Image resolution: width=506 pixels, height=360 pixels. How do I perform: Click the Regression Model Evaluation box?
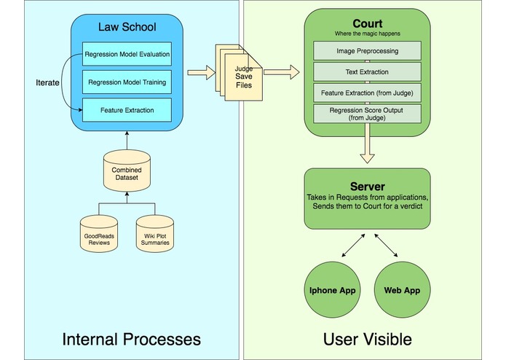pos(127,55)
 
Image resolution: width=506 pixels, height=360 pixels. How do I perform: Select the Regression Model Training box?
pos(127,82)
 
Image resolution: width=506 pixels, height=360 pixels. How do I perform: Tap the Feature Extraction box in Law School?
pos(127,110)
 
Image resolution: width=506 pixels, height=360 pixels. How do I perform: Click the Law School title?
pos(127,28)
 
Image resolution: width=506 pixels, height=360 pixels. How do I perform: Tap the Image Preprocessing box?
pos(367,52)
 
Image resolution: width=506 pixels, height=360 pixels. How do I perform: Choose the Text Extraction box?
pos(367,73)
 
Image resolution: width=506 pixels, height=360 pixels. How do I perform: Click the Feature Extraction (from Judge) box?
pos(367,93)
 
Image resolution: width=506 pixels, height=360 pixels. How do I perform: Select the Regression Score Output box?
pos(367,114)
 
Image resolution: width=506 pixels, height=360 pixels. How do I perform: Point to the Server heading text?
pos(367,187)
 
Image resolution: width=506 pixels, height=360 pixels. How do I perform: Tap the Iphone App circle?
pos(333,290)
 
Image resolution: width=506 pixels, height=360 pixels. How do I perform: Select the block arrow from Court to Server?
pos(367,150)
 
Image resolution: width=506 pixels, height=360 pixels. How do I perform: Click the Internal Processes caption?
pos(131,339)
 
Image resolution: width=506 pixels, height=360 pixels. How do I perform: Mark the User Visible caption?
pos(368,339)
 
